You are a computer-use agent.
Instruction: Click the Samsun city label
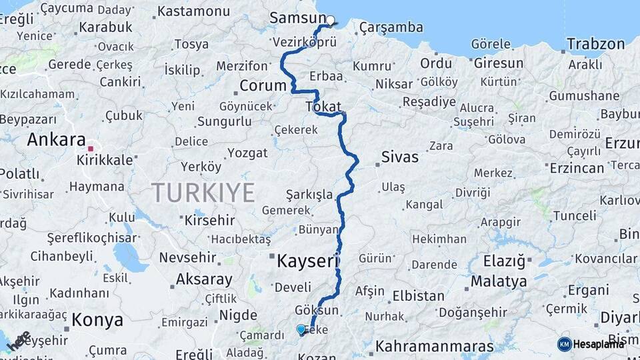point(297,18)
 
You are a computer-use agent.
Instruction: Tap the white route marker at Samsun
point(330,20)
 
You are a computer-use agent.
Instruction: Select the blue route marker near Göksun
point(301,329)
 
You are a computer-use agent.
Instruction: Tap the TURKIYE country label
point(203,193)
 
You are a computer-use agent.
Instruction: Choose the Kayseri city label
point(308,261)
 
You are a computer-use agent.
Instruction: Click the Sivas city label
point(400,157)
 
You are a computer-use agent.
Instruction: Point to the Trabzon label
point(596,45)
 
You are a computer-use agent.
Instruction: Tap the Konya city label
point(97,319)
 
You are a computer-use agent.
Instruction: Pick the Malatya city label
point(499,281)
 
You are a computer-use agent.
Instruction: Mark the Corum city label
point(263,85)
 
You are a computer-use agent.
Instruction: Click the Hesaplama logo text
point(599,344)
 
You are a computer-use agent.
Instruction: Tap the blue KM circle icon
point(565,344)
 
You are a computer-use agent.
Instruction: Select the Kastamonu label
point(193,11)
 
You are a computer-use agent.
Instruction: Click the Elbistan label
point(419,295)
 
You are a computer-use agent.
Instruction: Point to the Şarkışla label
point(309,194)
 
